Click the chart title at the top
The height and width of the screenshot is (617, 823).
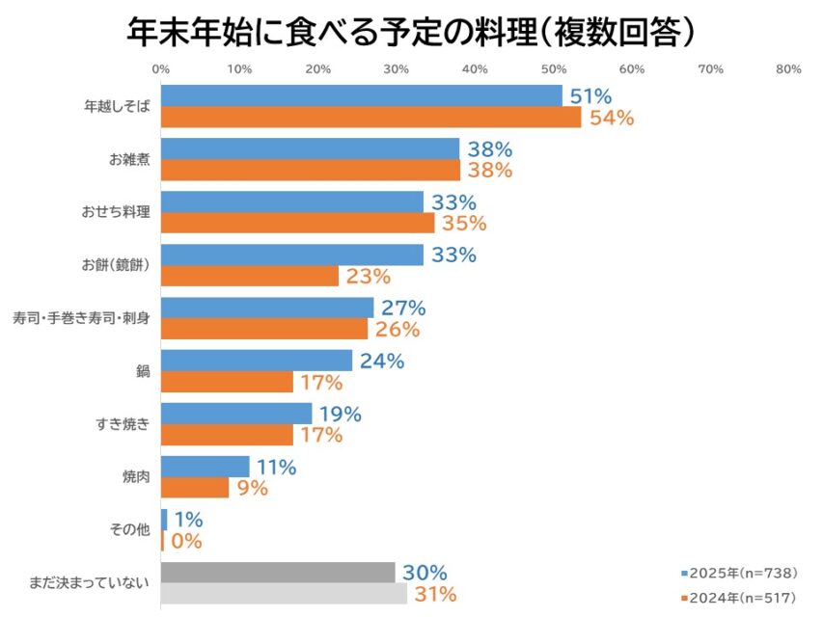coord(411,31)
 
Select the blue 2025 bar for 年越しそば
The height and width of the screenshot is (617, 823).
coord(361,95)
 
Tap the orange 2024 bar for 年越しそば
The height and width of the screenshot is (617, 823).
coord(370,117)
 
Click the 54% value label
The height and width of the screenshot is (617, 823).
coord(611,119)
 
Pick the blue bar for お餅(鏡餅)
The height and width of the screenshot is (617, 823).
coord(291,255)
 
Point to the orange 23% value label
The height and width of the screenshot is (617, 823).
coord(368,277)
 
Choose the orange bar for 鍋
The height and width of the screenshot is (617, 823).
coord(227,382)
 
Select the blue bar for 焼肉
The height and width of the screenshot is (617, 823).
coord(205,467)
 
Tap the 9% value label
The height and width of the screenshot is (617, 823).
coord(253,489)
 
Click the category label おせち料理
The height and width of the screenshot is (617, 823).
coord(116,212)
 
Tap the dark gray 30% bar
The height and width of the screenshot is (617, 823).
coord(278,573)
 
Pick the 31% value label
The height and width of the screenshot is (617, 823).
coord(435,595)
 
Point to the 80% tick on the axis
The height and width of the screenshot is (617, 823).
coord(788,69)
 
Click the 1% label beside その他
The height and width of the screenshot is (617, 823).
coord(188,521)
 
